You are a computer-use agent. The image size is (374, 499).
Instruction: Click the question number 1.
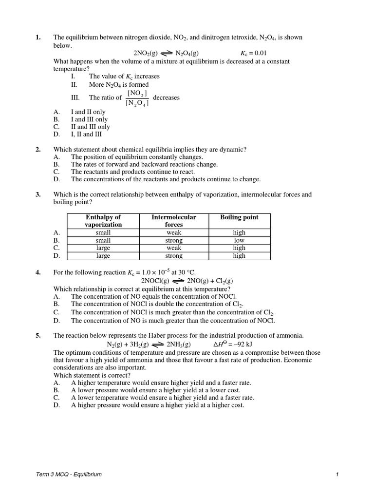click(x=38, y=38)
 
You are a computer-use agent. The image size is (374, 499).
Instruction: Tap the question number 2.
click(x=38, y=150)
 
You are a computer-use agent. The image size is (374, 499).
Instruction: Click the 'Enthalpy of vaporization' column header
click(x=103, y=221)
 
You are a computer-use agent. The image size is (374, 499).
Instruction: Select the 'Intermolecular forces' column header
click(x=173, y=221)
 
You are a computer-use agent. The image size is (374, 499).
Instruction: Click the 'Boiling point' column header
click(x=239, y=217)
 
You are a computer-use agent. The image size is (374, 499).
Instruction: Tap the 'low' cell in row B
click(x=239, y=240)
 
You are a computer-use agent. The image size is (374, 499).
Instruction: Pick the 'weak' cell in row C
click(x=173, y=248)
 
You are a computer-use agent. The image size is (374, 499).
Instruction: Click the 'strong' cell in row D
click(x=173, y=256)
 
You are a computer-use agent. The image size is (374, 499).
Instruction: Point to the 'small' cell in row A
click(x=103, y=233)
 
